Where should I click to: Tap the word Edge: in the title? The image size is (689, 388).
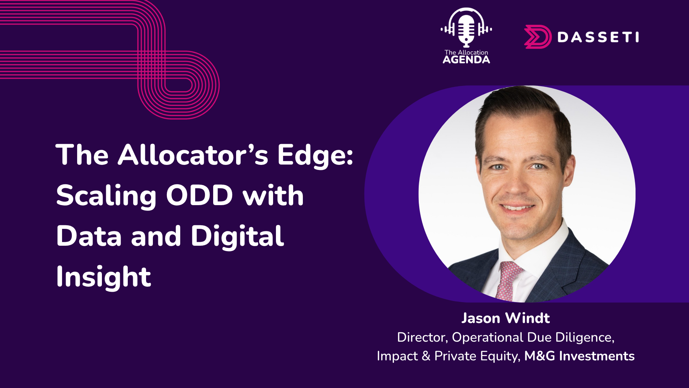pyautogui.click(x=315, y=156)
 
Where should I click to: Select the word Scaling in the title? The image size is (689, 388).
pyautogui.click(x=106, y=196)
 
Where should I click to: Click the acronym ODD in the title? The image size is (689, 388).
pyautogui.click(x=200, y=195)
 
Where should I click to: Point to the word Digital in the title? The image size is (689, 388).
pyautogui.click(x=237, y=236)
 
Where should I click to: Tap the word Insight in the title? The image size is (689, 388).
pyautogui.click(x=103, y=277)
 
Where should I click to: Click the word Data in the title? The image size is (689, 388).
pyautogui.click(x=89, y=236)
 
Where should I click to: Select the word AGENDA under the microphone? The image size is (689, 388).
pyautogui.click(x=466, y=60)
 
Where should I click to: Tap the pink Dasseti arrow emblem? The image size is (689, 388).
pyautogui.click(x=537, y=37)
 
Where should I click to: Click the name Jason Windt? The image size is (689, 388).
pyautogui.click(x=505, y=318)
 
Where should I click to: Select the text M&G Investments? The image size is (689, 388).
pyautogui.click(x=579, y=356)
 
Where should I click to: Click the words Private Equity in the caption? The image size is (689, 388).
pyautogui.click(x=477, y=356)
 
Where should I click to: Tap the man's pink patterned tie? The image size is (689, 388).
pyautogui.click(x=509, y=280)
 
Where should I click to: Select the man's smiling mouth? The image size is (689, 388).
pyautogui.click(x=517, y=207)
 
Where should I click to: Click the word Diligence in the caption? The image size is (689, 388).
pyautogui.click(x=585, y=337)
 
